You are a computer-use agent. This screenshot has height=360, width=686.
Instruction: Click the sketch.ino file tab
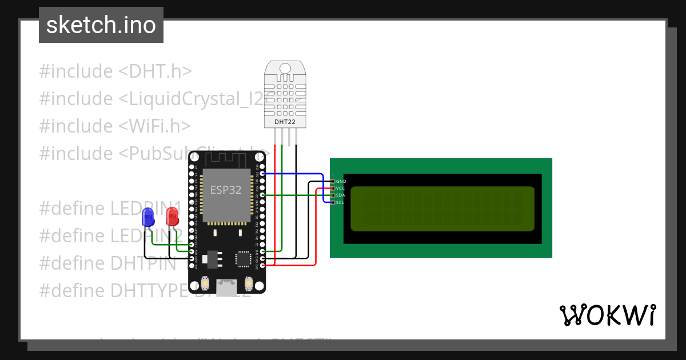101,25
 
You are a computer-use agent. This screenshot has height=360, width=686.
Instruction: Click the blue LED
147,218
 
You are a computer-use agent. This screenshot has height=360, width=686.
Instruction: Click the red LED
171,217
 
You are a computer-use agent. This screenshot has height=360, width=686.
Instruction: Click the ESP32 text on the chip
226,190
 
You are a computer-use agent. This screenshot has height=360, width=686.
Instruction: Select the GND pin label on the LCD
341,181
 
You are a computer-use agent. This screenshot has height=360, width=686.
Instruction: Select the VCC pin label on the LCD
340,188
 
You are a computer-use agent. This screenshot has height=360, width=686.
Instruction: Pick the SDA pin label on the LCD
340,195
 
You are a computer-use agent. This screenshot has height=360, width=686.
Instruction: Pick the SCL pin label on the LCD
340,202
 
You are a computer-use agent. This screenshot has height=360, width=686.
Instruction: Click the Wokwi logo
607,315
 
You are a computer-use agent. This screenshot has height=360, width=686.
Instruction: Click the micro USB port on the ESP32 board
227,284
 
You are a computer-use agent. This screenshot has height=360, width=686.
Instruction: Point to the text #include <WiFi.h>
114,126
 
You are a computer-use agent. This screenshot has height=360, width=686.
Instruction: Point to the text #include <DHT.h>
115,71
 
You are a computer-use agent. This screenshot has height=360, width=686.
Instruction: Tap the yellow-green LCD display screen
442,209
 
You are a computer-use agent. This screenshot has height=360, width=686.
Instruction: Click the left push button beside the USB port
206,283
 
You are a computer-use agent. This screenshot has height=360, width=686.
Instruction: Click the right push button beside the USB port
249,283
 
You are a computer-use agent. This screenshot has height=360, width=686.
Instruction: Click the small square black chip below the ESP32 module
244,259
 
